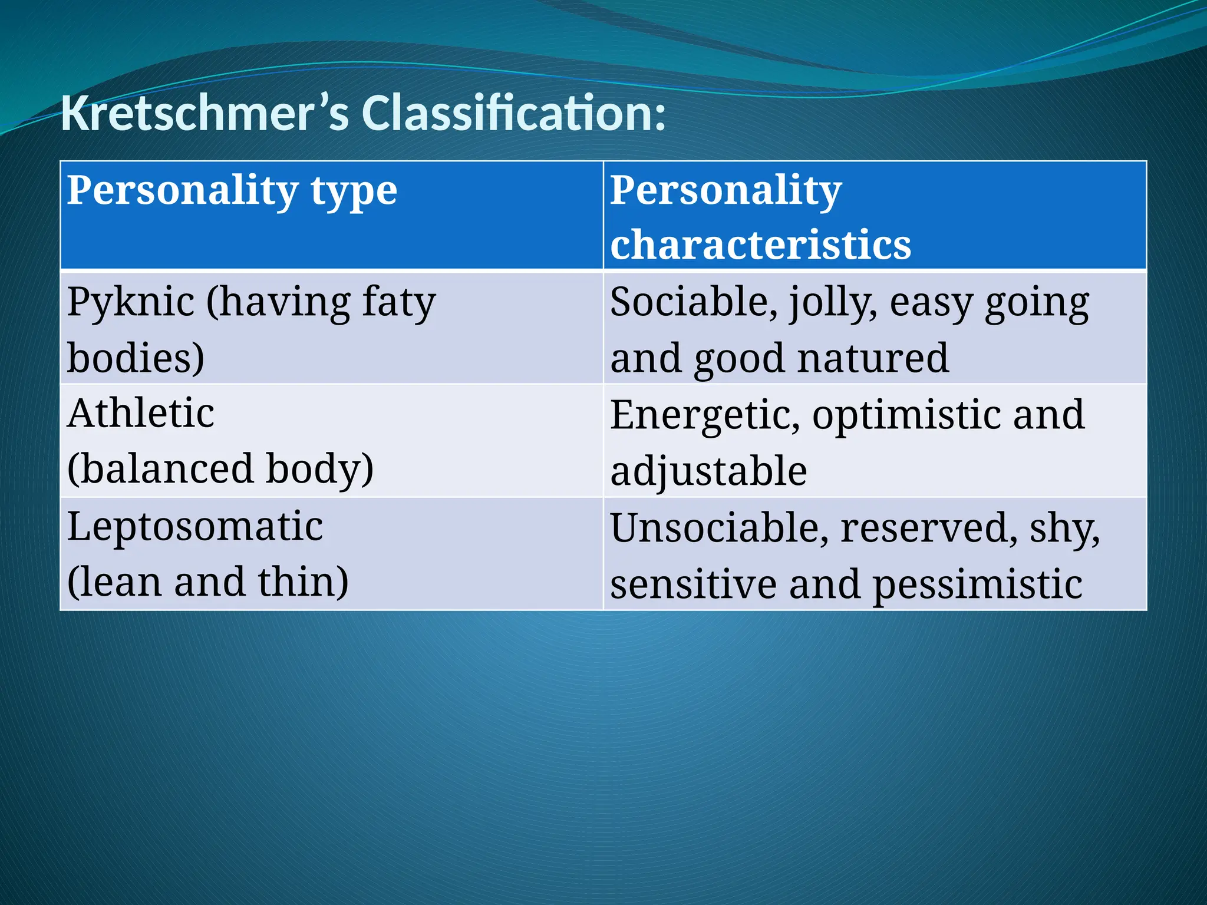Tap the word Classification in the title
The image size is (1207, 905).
coord(513,113)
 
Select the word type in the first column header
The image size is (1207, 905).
coord(354,192)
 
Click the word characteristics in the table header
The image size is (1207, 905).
coord(760,245)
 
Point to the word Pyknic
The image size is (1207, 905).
coord(131,303)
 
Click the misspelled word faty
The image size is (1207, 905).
coord(398,303)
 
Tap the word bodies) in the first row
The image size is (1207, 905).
coord(136,358)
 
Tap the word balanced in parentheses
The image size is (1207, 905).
coord(160,469)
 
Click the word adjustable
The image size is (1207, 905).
coord(708,471)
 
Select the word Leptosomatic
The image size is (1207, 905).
coord(195,527)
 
